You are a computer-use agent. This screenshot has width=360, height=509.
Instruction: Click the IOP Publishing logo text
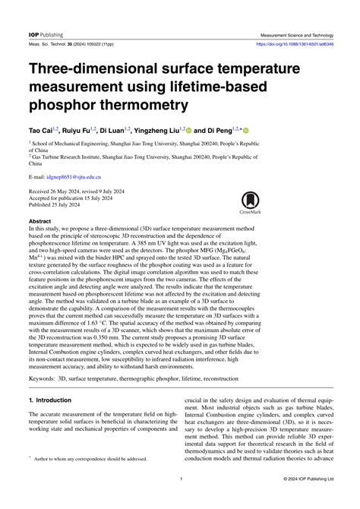click(x=46, y=35)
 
